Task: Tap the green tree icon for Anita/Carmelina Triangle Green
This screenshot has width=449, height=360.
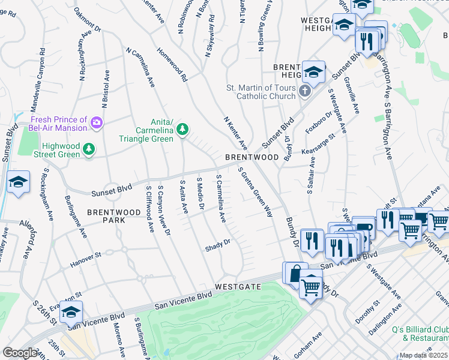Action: [x=182, y=129]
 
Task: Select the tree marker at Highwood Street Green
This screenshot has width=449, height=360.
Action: [x=89, y=148]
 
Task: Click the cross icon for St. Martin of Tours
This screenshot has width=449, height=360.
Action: [x=305, y=92]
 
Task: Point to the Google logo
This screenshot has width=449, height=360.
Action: [x=20, y=353]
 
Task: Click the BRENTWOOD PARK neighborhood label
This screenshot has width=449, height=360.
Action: [x=106, y=216]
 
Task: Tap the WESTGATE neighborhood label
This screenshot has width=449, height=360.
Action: [x=238, y=287]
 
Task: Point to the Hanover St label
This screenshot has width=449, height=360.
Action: [x=85, y=258]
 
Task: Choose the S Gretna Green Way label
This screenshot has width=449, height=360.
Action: [x=256, y=192]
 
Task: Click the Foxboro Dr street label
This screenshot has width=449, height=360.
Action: [x=319, y=123]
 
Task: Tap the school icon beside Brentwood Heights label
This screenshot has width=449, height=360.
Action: [x=313, y=72]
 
